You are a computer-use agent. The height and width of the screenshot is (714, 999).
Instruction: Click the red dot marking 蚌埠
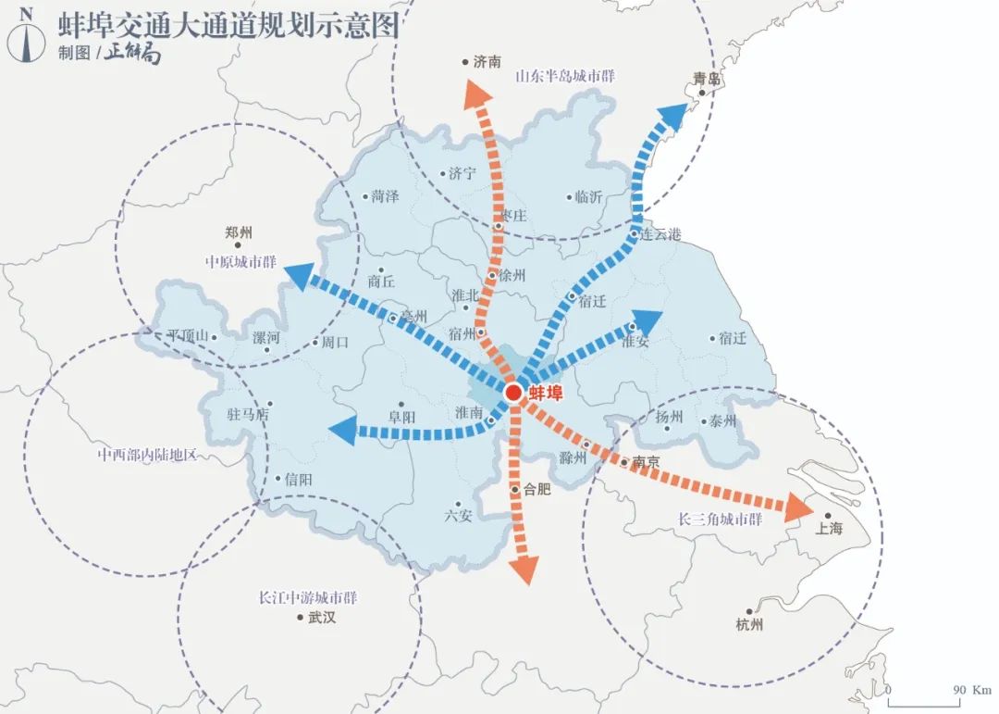(513, 394)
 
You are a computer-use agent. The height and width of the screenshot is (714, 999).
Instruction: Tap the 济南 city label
(487, 62)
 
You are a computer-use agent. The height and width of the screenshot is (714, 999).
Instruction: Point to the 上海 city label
(829, 528)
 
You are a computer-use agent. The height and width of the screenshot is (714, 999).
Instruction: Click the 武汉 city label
(322, 618)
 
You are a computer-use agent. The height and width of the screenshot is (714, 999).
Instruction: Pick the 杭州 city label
(749, 624)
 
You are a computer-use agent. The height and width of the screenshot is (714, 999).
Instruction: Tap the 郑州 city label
(239, 233)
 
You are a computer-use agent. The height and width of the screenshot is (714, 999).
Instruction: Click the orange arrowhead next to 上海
(796, 507)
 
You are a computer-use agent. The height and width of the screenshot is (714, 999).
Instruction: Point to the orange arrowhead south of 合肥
(524, 569)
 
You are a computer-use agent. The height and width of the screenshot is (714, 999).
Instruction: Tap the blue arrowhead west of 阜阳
(343, 429)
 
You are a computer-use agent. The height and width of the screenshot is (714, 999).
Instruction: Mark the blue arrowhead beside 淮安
(647, 321)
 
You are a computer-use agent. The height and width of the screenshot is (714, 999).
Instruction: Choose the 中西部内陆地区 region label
(148, 456)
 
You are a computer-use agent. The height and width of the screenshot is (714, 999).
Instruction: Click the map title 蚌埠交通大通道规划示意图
(228, 25)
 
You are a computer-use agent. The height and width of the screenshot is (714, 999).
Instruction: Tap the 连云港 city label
(660, 235)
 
